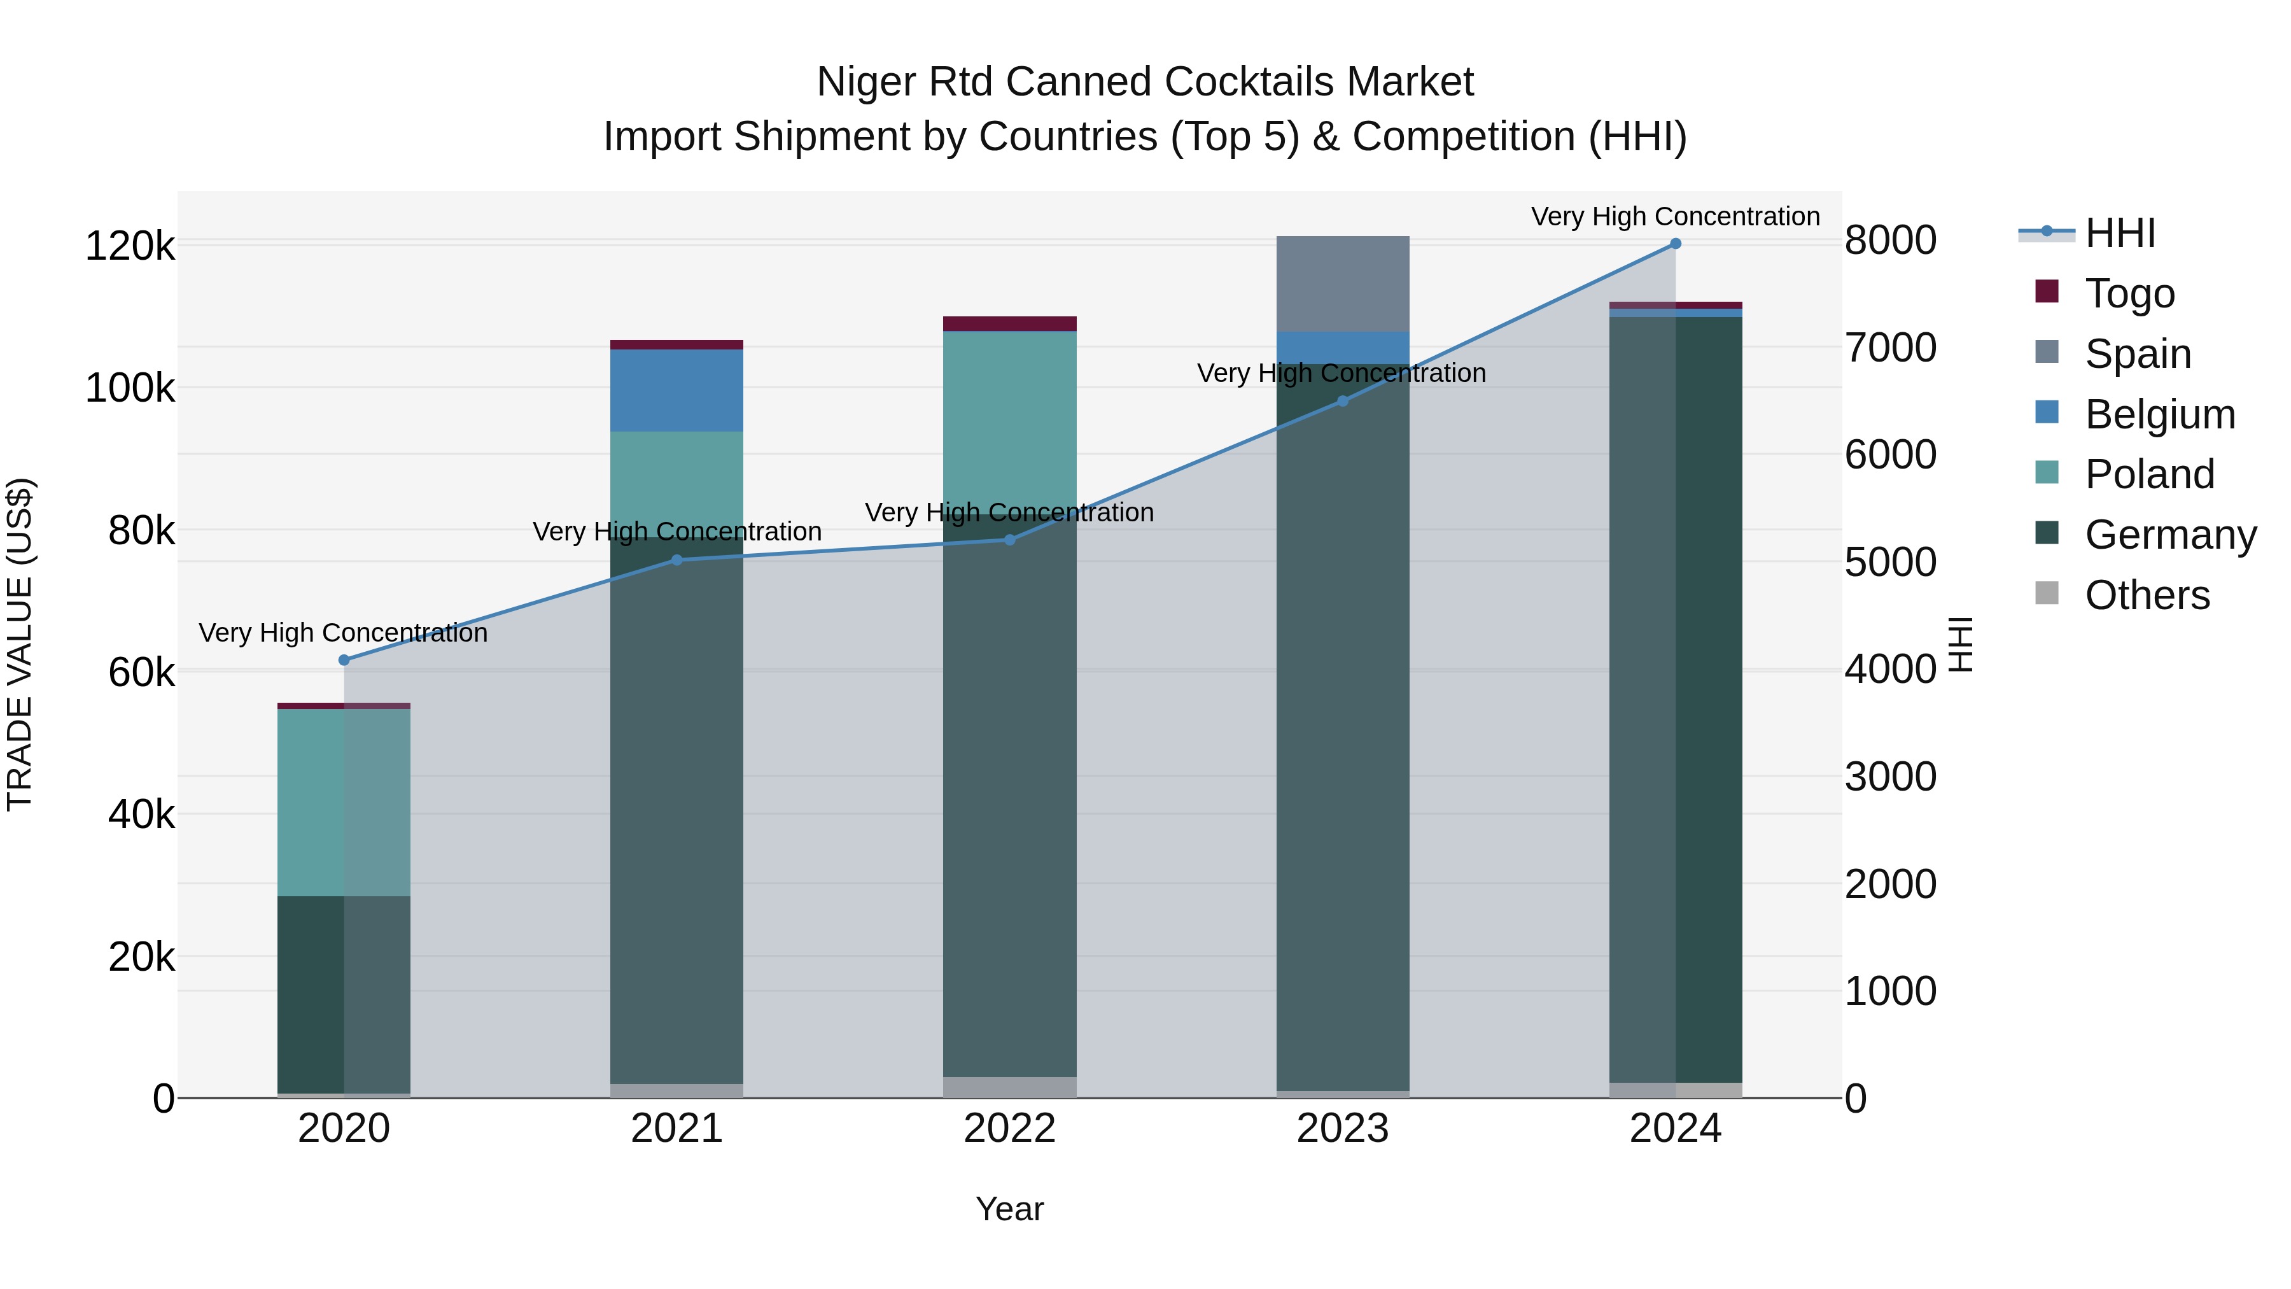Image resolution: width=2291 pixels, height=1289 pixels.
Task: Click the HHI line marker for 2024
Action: [1676, 244]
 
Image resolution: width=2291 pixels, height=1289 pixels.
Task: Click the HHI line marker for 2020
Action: [344, 660]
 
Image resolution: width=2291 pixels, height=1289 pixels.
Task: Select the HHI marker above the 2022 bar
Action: [1009, 540]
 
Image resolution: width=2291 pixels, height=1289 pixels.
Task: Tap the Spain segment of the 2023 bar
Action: [1342, 284]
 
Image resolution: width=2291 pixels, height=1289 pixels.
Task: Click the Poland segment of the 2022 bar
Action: [1009, 418]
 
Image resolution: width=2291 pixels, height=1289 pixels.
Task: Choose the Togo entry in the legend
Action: [2129, 293]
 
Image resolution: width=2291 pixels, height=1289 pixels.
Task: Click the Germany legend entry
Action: [2170, 535]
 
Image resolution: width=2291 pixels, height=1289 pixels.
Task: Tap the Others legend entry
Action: [2146, 595]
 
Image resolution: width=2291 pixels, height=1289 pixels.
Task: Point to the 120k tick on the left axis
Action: [130, 246]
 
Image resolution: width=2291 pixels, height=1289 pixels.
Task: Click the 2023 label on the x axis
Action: [1342, 1129]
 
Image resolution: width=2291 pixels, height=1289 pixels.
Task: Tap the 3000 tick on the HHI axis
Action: [1890, 777]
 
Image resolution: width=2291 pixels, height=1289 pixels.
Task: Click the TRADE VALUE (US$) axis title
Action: [20, 644]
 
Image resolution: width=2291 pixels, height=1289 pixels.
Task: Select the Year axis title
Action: [1009, 1209]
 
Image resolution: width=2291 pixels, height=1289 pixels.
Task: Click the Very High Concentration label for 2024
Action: [1675, 216]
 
